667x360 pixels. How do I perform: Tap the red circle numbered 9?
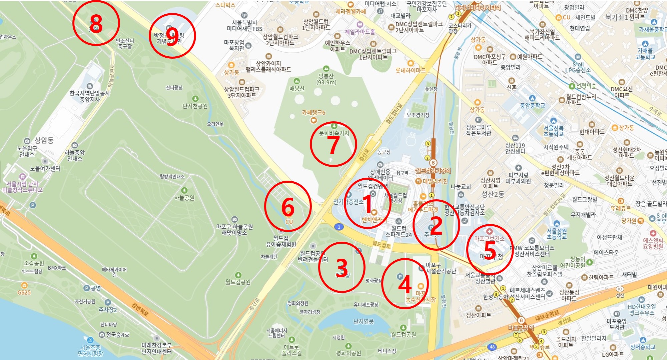pyautogui.click(x=172, y=36)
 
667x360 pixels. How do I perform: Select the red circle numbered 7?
pyautogui.click(x=333, y=144)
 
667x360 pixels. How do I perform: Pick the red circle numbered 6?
pyautogui.click(x=288, y=206)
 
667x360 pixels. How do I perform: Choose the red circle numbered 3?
pyautogui.click(x=342, y=267)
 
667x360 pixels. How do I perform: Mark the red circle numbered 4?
pyautogui.click(x=405, y=284)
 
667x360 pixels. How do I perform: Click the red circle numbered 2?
pyautogui.click(x=436, y=225)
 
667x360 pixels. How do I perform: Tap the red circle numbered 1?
pyautogui.click(x=367, y=204)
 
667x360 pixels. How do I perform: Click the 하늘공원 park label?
pyautogui.click(x=184, y=198)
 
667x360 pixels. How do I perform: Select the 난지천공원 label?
pyautogui.click(x=195, y=106)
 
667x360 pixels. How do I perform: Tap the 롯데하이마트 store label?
pyautogui.click(x=411, y=70)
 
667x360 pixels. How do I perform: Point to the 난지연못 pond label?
pyautogui.click(x=364, y=321)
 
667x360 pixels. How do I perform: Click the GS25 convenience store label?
pyautogui.click(x=24, y=292)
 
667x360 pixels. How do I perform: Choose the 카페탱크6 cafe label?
pyautogui.click(x=313, y=113)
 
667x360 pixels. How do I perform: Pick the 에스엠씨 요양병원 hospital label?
pyautogui.click(x=653, y=243)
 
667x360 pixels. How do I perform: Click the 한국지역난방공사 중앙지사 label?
pyautogui.click(x=90, y=96)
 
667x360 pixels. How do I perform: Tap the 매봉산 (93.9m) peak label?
pyautogui.click(x=326, y=79)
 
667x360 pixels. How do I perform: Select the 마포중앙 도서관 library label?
pyautogui.click(x=617, y=324)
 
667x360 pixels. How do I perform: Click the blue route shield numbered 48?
pyautogui.click(x=492, y=347)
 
